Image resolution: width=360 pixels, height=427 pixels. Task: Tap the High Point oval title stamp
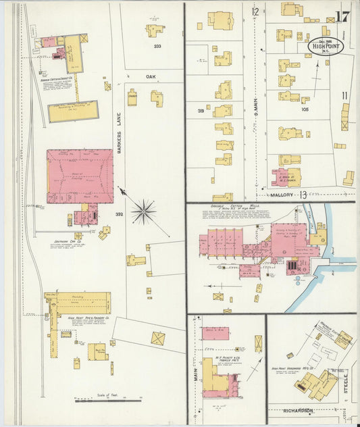[x=326, y=45]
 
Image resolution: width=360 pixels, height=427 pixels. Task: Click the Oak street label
[x=151, y=77]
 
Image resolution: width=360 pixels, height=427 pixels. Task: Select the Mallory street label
[x=282, y=195]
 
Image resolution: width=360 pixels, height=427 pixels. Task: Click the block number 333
[x=157, y=46]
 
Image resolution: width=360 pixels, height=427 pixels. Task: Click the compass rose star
[x=143, y=211]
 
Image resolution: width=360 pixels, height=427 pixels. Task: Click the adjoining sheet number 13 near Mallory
[x=303, y=195]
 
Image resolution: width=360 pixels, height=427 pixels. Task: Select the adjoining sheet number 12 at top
[x=255, y=11]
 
